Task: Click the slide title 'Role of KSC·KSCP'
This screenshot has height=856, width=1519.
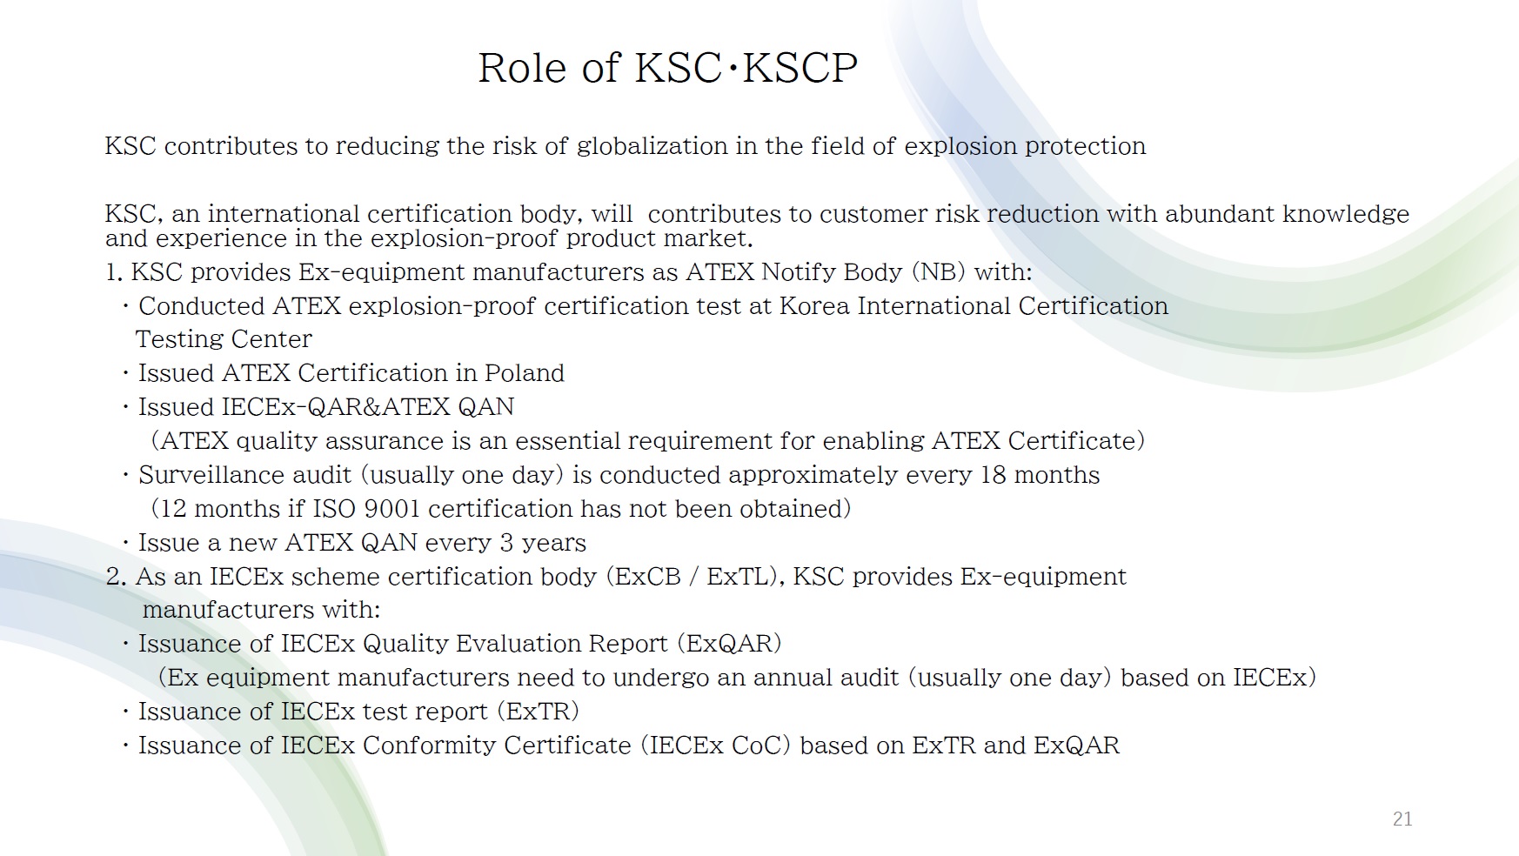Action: (x=667, y=68)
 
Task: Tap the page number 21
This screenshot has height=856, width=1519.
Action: (x=1402, y=819)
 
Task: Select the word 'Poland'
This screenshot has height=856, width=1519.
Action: (x=525, y=373)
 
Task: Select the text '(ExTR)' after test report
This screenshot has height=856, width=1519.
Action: (x=538, y=712)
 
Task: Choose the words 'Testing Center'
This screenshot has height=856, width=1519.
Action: (x=224, y=339)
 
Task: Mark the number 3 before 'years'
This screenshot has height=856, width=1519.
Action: (x=506, y=543)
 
